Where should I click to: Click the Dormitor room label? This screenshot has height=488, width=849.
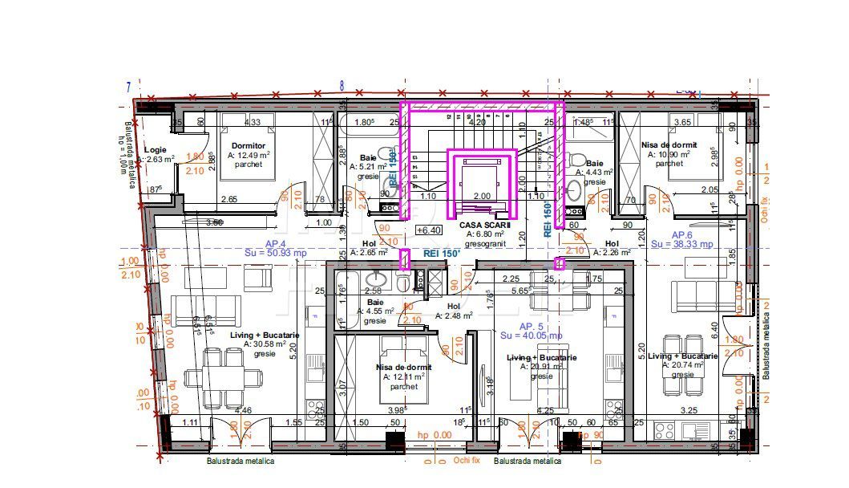tap(249, 145)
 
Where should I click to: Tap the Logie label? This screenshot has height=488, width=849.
tap(156, 150)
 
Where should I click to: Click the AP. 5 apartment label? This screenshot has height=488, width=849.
tap(532, 327)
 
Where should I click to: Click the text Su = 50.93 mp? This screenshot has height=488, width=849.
tap(276, 252)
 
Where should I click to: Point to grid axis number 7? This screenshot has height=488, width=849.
tap(127, 87)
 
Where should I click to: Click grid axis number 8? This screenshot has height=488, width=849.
tap(342, 85)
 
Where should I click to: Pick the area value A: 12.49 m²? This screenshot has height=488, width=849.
tap(249, 155)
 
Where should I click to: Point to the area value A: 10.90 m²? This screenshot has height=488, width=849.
tap(669, 154)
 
